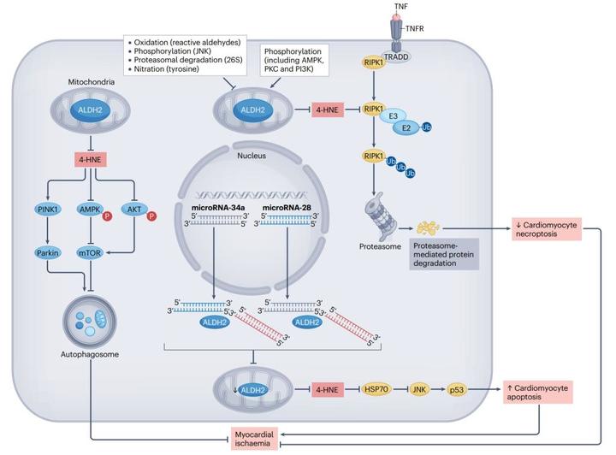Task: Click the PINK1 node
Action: click(48, 210)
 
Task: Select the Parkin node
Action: click(48, 253)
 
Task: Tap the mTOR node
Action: click(91, 253)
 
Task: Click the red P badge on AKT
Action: click(151, 216)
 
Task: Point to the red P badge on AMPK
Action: click(107, 216)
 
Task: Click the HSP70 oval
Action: click(376, 389)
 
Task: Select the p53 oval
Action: click(457, 390)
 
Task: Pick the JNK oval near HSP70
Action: click(419, 389)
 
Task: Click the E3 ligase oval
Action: click(394, 115)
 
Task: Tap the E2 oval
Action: click(406, 127)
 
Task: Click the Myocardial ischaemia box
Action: click(254, 439)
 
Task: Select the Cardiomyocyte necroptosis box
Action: click(547, 229)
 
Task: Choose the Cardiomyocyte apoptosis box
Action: click(538, 393)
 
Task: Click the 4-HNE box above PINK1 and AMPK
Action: click(91, 160)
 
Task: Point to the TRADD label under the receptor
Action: click(396, 57)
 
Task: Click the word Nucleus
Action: click(252, 156)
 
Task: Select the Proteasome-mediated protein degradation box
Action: click(444, 254)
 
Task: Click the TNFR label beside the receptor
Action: click(414, 28)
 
